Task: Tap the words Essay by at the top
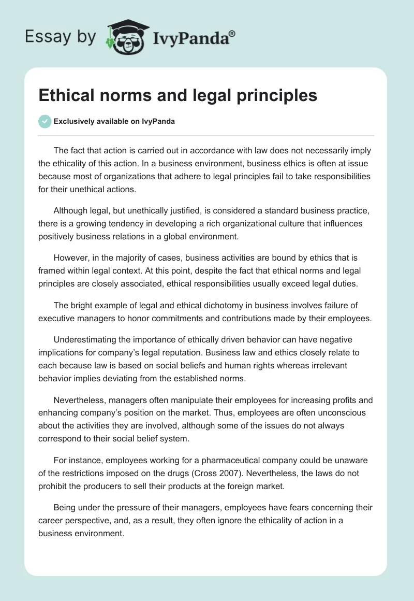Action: tap(61, 37)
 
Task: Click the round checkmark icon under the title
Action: tap(45, 121)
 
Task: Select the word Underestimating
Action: tap(86, 340)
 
